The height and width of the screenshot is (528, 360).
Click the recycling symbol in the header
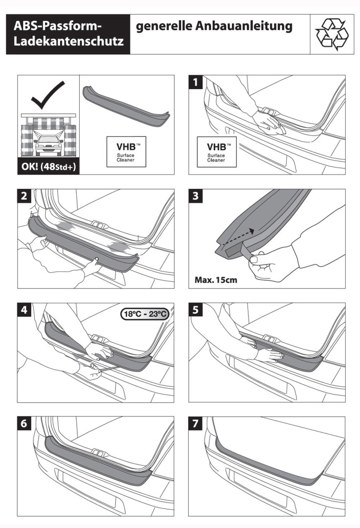click(332, 34)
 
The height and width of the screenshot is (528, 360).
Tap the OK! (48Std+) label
click(48, 166)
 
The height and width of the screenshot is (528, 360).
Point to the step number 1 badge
click(197, 83)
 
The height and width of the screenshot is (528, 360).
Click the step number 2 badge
click(25, 197)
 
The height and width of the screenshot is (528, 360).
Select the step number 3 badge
click(197, 197)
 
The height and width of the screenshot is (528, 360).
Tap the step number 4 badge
click(25, 310)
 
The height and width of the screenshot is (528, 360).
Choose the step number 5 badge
click(197, 310)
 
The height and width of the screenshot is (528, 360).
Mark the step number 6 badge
click(25, 424)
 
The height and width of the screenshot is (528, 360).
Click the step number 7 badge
click(197, 424)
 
